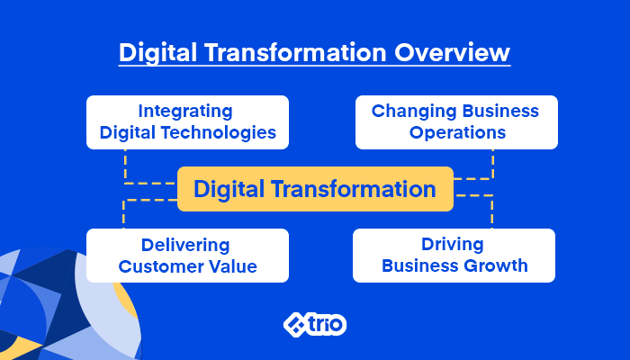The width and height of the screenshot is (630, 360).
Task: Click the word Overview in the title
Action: pyautogui.click(x=452, y=52)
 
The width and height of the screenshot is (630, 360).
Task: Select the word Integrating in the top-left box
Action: pyautogui.click(x=185, y=112)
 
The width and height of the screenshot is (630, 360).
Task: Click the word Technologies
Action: pyautogui.click(x=219, y=132)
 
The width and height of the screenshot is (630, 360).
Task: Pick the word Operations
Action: pyautogui.click(x=457, y=132)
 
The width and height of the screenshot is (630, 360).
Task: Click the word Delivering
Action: pyautogui.click(x=185, y=245)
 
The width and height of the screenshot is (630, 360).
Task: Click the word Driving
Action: pyautogui.click(x=453, y=244)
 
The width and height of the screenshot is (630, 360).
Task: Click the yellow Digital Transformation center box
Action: pyautogui.click(x=315, y=189)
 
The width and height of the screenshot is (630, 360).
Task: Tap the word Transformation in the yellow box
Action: pyautogui.click(x=353, y=189)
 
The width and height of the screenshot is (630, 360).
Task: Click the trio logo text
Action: pyautogui.click(x=326, y=324)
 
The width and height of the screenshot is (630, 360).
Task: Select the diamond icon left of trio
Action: pyautogui.click(x=295, y=325)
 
